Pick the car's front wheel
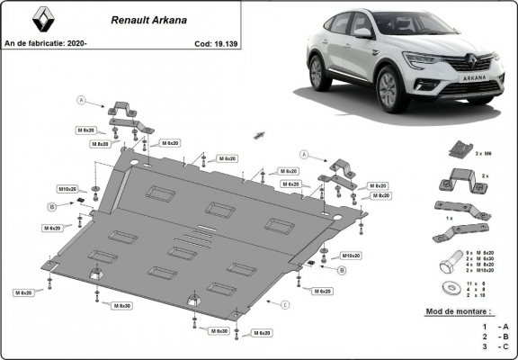[388, 90]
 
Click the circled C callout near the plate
[285, 305]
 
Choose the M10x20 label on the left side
[68, 190]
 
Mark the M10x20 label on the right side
[326, 255]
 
